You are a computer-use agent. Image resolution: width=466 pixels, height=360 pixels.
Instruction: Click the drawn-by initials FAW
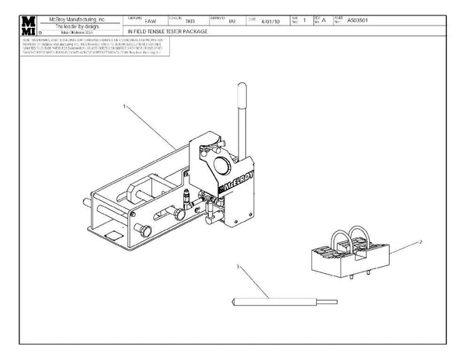[x=151, y=21]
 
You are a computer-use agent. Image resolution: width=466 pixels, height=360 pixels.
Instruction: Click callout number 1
[x=124, y=105]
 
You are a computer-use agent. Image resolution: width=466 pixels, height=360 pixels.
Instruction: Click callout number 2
[x=420, y=241]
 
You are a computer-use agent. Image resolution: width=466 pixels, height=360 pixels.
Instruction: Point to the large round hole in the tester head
[x=221, y=164]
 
